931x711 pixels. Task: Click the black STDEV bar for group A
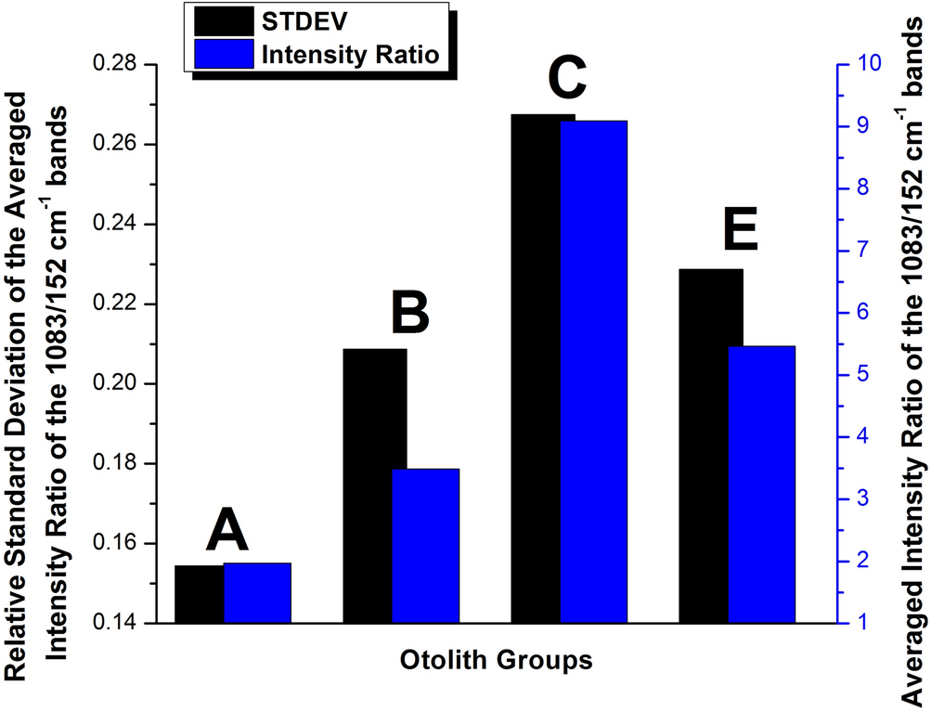[200, 594]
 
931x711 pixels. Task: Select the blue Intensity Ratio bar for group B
[425, 546]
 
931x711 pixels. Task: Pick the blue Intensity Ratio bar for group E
[761, 484]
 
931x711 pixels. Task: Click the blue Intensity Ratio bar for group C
[594, 371]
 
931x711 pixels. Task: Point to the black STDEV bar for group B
[375, 485]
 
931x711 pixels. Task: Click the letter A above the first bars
[227, 532]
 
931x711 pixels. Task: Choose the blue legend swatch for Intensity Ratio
[224, 55]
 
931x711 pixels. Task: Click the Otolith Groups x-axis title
[497, 662]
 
